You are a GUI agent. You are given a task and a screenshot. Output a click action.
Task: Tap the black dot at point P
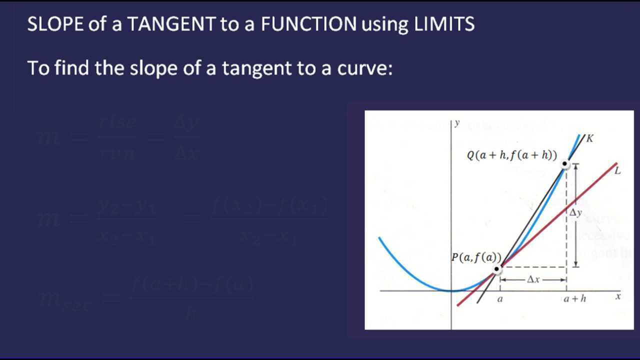click(x=496, y=269)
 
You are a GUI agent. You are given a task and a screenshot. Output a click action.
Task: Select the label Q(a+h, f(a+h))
click(x=511, y=155)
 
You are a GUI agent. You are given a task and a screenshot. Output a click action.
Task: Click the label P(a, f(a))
click(x=476, y=257)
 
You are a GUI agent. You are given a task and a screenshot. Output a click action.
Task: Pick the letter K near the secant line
click(x=590, y=138)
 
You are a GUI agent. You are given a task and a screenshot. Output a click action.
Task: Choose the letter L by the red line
click(x=617, y=170)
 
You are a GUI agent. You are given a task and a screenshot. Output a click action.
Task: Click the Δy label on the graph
click(x=576, y=213)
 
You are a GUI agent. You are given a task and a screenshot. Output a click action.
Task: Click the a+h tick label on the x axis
click(x=574, y=298)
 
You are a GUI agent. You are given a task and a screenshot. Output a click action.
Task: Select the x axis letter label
click(x=618, y=296)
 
